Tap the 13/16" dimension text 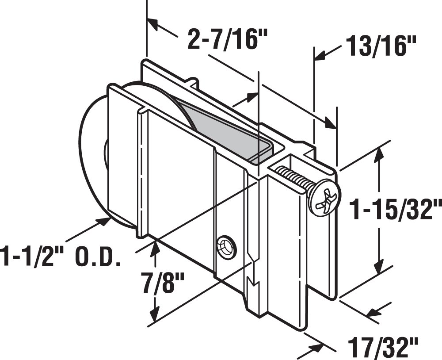click(381, 46)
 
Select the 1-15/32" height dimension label click(395, 209)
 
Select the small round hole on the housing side click(226, 246)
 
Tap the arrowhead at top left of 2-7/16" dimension click(153, 24)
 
